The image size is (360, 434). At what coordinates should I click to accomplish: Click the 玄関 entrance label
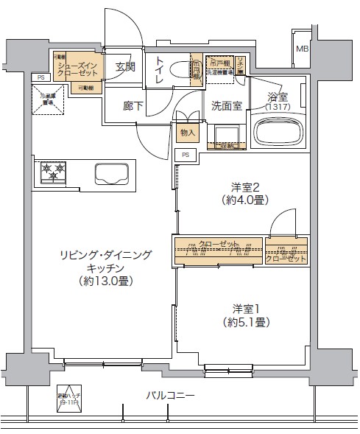[x=125, y=67]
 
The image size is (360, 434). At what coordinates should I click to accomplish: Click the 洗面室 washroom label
[x=227, y=105]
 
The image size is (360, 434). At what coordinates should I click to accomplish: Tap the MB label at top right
[x=302, y=49]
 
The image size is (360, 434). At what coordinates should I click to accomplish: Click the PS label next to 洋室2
[x=186, y=155]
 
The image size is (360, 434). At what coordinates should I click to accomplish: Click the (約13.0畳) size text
[x=107, y=281]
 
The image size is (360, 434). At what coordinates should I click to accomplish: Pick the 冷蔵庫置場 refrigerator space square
[x=49, y=98]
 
